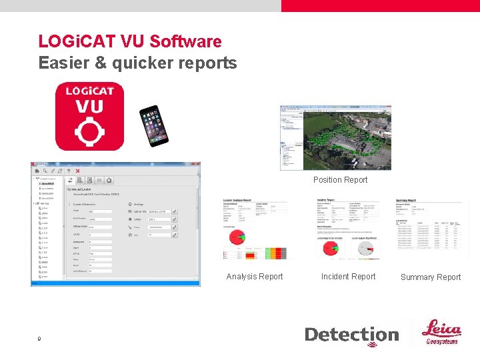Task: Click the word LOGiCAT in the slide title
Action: pyautogui.click(x=77, y=41)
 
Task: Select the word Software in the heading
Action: pyautogui.click(x=185, y=41)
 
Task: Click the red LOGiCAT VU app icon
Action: pyautogui.click(x=89, y=117)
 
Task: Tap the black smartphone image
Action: pyautogui.click(x=153, y=125)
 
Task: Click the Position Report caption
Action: pyautogui.click(x=340, y=180)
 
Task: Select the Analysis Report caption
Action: pyautogui.click(x=254, y=277)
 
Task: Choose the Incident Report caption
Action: pyautogui.click(x=348, y=277)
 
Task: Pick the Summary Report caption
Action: pyautogui.click(x=430, y=277)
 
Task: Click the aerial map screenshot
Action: pyautogui.click(x=335, y=137)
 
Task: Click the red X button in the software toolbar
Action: pyautogui.click(x=77, y=171)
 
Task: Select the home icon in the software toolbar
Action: pyautogui.click(x=37, y=171)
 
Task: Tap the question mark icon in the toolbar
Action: pyautogui.click(x=68, y=171)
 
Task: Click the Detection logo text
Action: pyautogui.click(x=351, y=335)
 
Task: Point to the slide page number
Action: pyautogui.click(x=40, y=339)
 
